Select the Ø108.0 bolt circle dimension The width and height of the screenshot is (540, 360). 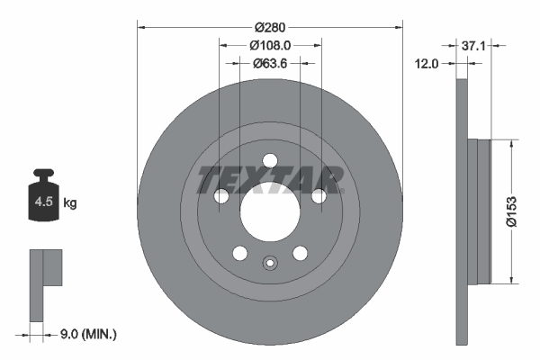(269, 42)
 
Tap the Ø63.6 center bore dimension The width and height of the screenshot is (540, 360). (269, 63)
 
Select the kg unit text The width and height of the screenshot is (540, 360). (70, 203)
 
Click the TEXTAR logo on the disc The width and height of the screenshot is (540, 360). (269, 179)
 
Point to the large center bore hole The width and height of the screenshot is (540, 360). (269, 212)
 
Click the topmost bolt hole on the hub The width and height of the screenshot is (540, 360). (269, 161)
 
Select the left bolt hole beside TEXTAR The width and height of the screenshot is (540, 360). (220, 197)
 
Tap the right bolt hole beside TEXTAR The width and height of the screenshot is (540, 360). (318, 197)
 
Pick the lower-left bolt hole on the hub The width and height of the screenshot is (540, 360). (239, 254)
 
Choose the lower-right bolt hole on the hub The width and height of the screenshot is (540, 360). (299, 254)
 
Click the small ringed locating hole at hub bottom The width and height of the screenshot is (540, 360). (269, 264)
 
